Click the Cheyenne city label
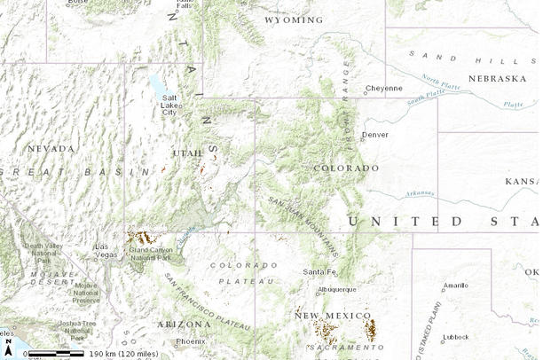[x=384, y=88]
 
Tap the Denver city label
[x=374, y=135]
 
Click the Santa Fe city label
[x=319, y=271]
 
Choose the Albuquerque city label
[x=336, y=289]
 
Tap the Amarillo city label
[x=455, y=286]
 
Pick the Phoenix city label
[x=190, y=341]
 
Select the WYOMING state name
[x=294, y=20]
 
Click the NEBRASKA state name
[x=497, y=78]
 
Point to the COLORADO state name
[x=346, y=168]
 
